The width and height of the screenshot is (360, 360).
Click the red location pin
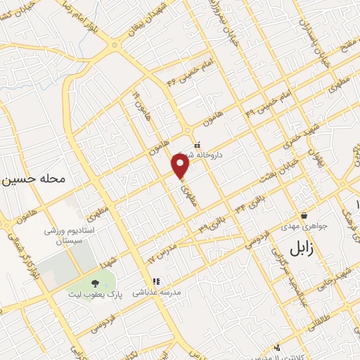[181, 167]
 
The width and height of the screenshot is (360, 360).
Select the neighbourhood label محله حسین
[34, 179]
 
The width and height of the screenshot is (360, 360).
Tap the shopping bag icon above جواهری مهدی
[304, 215]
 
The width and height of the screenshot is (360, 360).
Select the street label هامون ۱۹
[140, 108]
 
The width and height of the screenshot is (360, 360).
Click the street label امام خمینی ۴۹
[262, 104]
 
